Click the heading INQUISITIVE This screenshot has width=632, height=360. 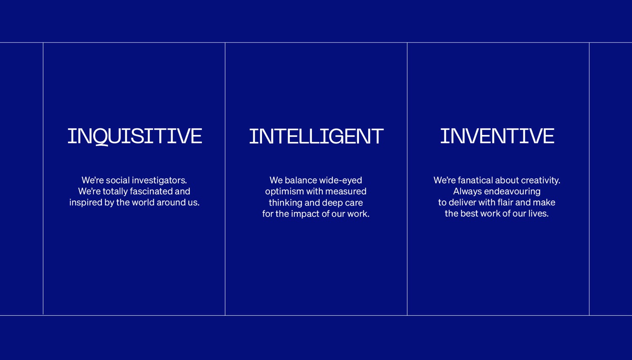pos(135,136)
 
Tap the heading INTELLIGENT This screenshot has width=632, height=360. pos(316,137)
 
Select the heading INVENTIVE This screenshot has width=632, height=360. pos(497,136)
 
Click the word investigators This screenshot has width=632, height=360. pos(159,180)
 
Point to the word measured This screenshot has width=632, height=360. pos(345,191)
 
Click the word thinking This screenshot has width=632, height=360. pos(285,203)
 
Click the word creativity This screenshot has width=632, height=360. pos(541,180)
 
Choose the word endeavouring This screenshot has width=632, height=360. pos(512,191)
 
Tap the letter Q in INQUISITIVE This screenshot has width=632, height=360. pos(100,137)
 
